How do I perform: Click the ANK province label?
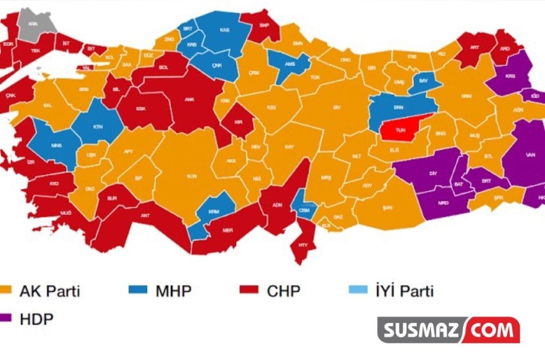coord(189,99)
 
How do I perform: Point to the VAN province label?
coord(530,155)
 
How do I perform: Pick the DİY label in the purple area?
coord(433,174)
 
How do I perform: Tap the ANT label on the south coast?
coord(144,216)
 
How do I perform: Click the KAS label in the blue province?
coord(225,30)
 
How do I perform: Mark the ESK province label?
coord(141,108)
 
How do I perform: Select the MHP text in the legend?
coord(174,291)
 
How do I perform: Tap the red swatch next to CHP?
coord(249,290)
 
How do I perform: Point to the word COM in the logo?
coord(492,330)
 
